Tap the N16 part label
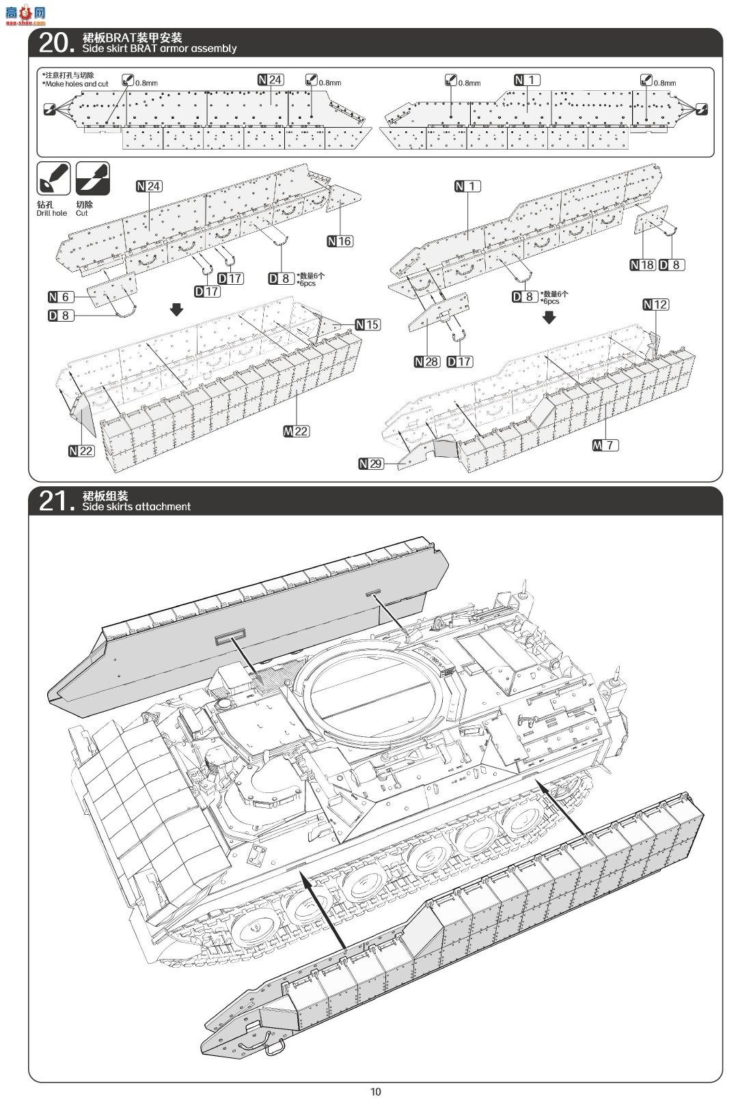tap(340, 241)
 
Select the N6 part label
tap(61, 297)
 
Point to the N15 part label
tap(368, 324)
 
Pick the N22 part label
tap(81, 451)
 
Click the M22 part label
tap(296, 431)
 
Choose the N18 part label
tap(642, 265)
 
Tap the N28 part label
tap(427, 361)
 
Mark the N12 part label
tap(656, 305)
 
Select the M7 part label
tap(605, 445)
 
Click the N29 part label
tap(371, 464)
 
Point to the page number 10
tap(376, 1091)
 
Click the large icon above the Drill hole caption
tap(53, 178)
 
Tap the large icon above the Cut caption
tap(92, 178)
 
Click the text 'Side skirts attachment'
tap(137, 507)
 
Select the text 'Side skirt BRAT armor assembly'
tap(159, 48)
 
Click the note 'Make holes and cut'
tap(77, 84)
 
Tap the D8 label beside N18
tap(672, 265)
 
